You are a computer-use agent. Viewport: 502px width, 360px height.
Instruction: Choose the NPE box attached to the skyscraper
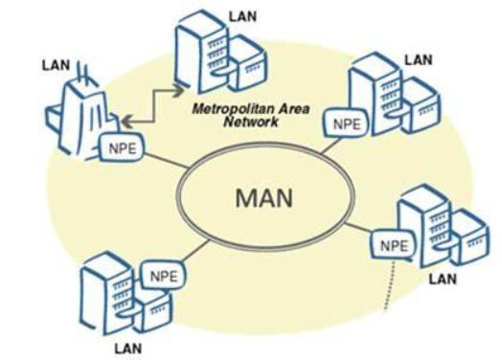click(122, 150)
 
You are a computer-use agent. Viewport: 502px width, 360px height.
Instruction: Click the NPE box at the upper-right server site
click(345, 123)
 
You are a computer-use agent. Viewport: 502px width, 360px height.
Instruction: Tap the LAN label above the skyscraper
click(57, 65)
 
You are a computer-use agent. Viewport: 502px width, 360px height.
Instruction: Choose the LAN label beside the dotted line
click(442, 279)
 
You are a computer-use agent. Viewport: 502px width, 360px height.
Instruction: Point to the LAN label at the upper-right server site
click(418, 59)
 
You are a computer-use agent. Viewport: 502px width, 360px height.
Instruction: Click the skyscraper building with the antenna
click(80, 115)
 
